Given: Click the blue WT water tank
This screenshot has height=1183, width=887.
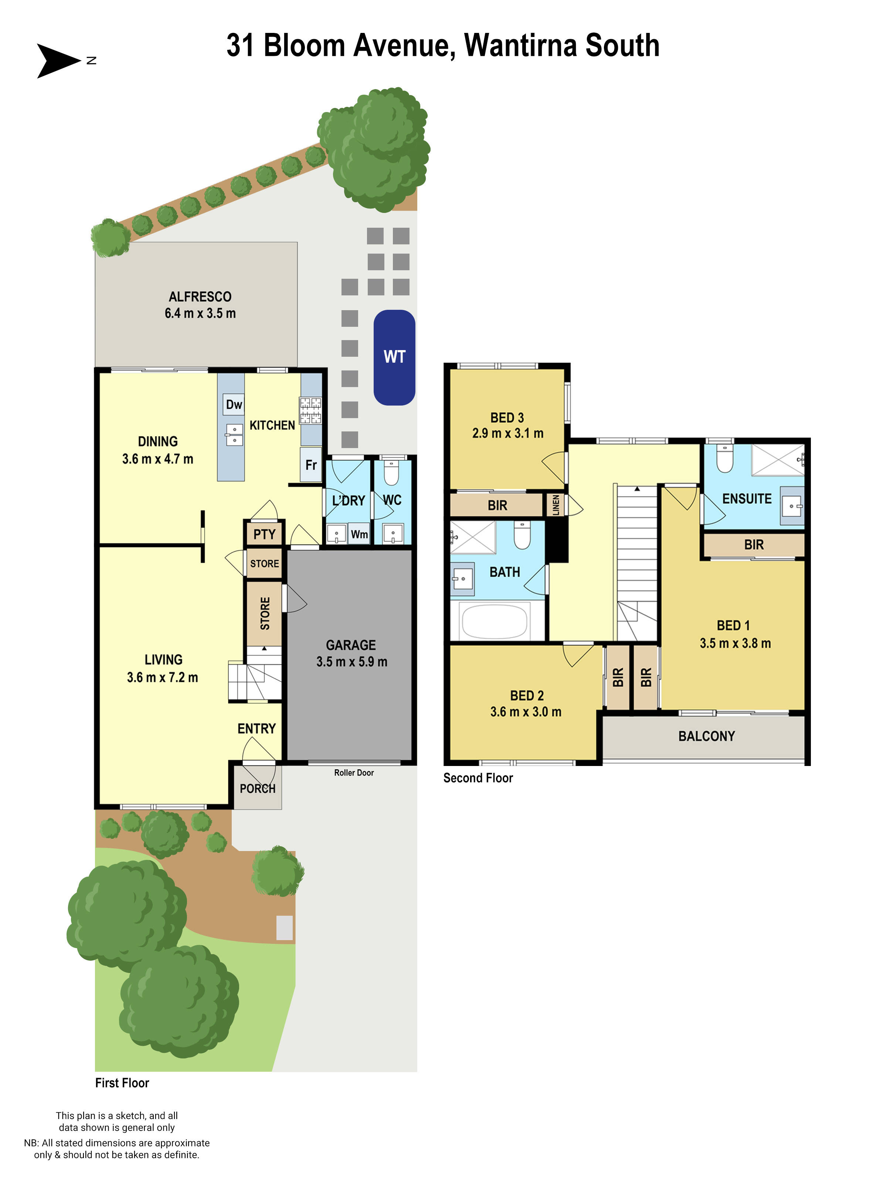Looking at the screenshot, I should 394,357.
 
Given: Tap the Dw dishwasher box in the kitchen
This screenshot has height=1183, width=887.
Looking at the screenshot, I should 234,404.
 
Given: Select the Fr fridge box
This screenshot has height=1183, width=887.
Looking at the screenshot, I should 311,465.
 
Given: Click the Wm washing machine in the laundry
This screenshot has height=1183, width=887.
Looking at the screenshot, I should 359,534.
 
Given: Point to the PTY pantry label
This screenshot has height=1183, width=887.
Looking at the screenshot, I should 264,534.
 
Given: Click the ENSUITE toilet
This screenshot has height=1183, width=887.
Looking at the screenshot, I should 724,458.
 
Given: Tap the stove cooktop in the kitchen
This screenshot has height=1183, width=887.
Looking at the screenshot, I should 310,411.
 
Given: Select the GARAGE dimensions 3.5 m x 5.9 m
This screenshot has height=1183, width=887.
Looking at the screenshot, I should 351,662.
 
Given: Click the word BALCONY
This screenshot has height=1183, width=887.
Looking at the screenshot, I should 706,736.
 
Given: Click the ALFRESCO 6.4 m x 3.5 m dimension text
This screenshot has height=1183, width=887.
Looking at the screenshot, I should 200,313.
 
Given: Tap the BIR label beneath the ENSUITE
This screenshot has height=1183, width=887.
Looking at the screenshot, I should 753,545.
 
